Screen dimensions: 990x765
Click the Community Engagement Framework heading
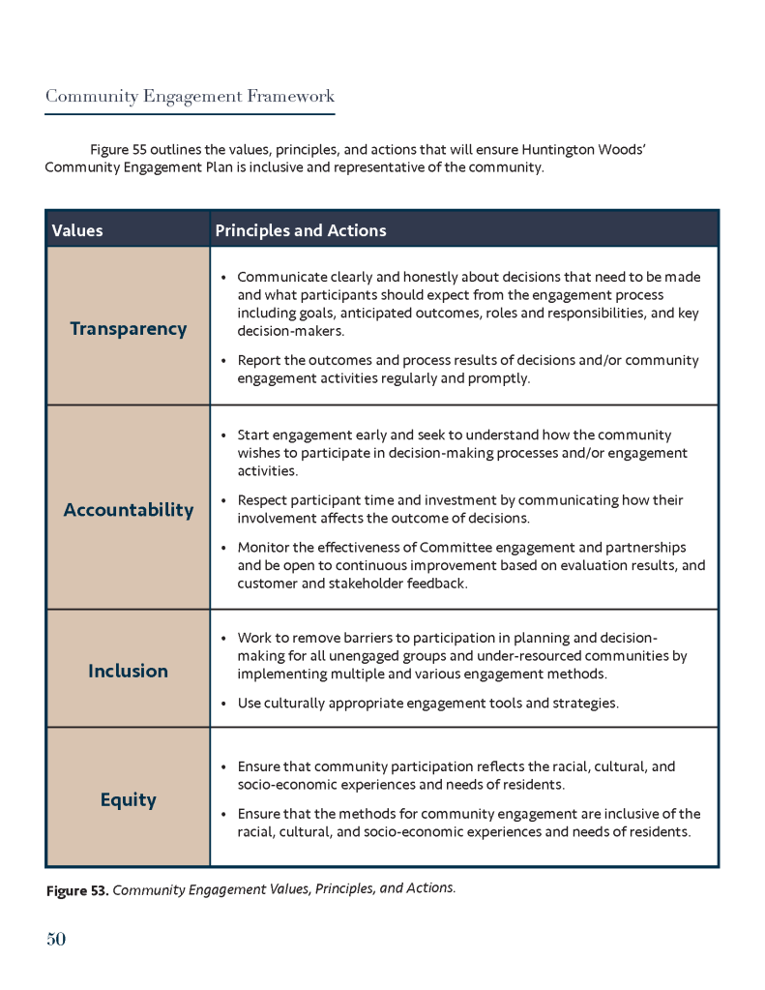pyautogui.click(x=190, y=96)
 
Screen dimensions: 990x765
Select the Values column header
pyautogui.click(x=77, y=230)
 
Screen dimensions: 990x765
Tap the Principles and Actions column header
pyautogui.click(x=300, y=230)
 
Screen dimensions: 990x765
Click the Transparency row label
pyautogui.click(x=128, y=329)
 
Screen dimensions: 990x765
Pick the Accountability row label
pyautogui.click(x=128, y=510)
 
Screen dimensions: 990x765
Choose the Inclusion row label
pyautogui.click(x=128, y=671)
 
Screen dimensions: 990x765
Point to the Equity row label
pyautogui.click(x=128, y=799)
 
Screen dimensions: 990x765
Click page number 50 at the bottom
pyautogui.click(x=55, y=939)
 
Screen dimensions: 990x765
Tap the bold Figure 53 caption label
pyautogui.click(x=77, y=890)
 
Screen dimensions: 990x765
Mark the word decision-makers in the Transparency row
pyautogui.click(x=287, y=330)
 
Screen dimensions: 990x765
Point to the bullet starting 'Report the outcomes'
pyautogui.click(x=223, y=361)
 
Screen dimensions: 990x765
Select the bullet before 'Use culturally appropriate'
pyautogui.click(x=223, y=704)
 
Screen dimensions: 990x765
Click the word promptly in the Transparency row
pyautogui.click(x=497, y=378)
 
